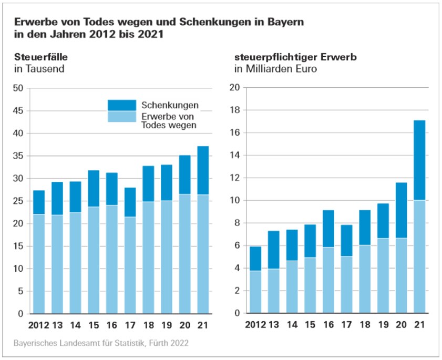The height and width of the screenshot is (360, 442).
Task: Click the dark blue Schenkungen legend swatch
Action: click(x=122, y=105)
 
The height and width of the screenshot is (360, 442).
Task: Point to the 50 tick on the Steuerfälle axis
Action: click(x=18, y=88)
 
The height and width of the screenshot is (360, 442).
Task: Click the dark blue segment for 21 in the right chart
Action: click(x=419, y=160)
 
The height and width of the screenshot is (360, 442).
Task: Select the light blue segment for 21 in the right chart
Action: click(x=419, y=256)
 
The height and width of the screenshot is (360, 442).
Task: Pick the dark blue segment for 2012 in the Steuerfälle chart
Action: click(x=39, y=202)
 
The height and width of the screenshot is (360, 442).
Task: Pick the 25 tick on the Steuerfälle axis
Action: click(x=18, y=201)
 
